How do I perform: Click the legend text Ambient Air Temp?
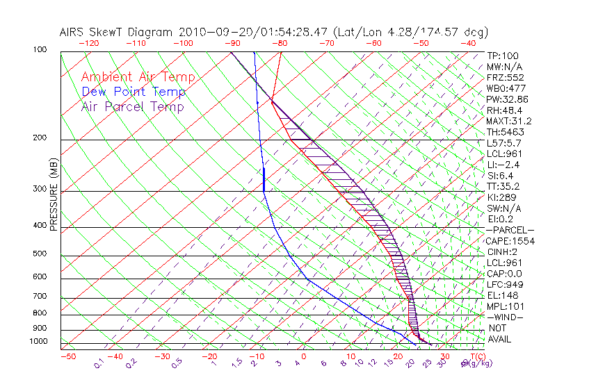coord(138,77)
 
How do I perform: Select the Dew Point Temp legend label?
coord(134,92)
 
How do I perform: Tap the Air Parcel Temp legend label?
coord(132,106)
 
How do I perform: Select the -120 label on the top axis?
coord(88,42)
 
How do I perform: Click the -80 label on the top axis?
coord(280,42)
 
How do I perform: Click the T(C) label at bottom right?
coord(476,356)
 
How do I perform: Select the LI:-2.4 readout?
coord(503,165)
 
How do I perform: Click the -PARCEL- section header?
coord(510,230)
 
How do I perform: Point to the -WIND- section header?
coord(506,317)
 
